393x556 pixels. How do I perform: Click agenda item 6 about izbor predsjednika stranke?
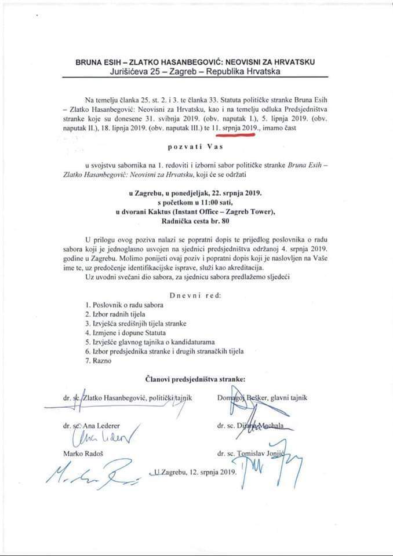pos(164,351)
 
